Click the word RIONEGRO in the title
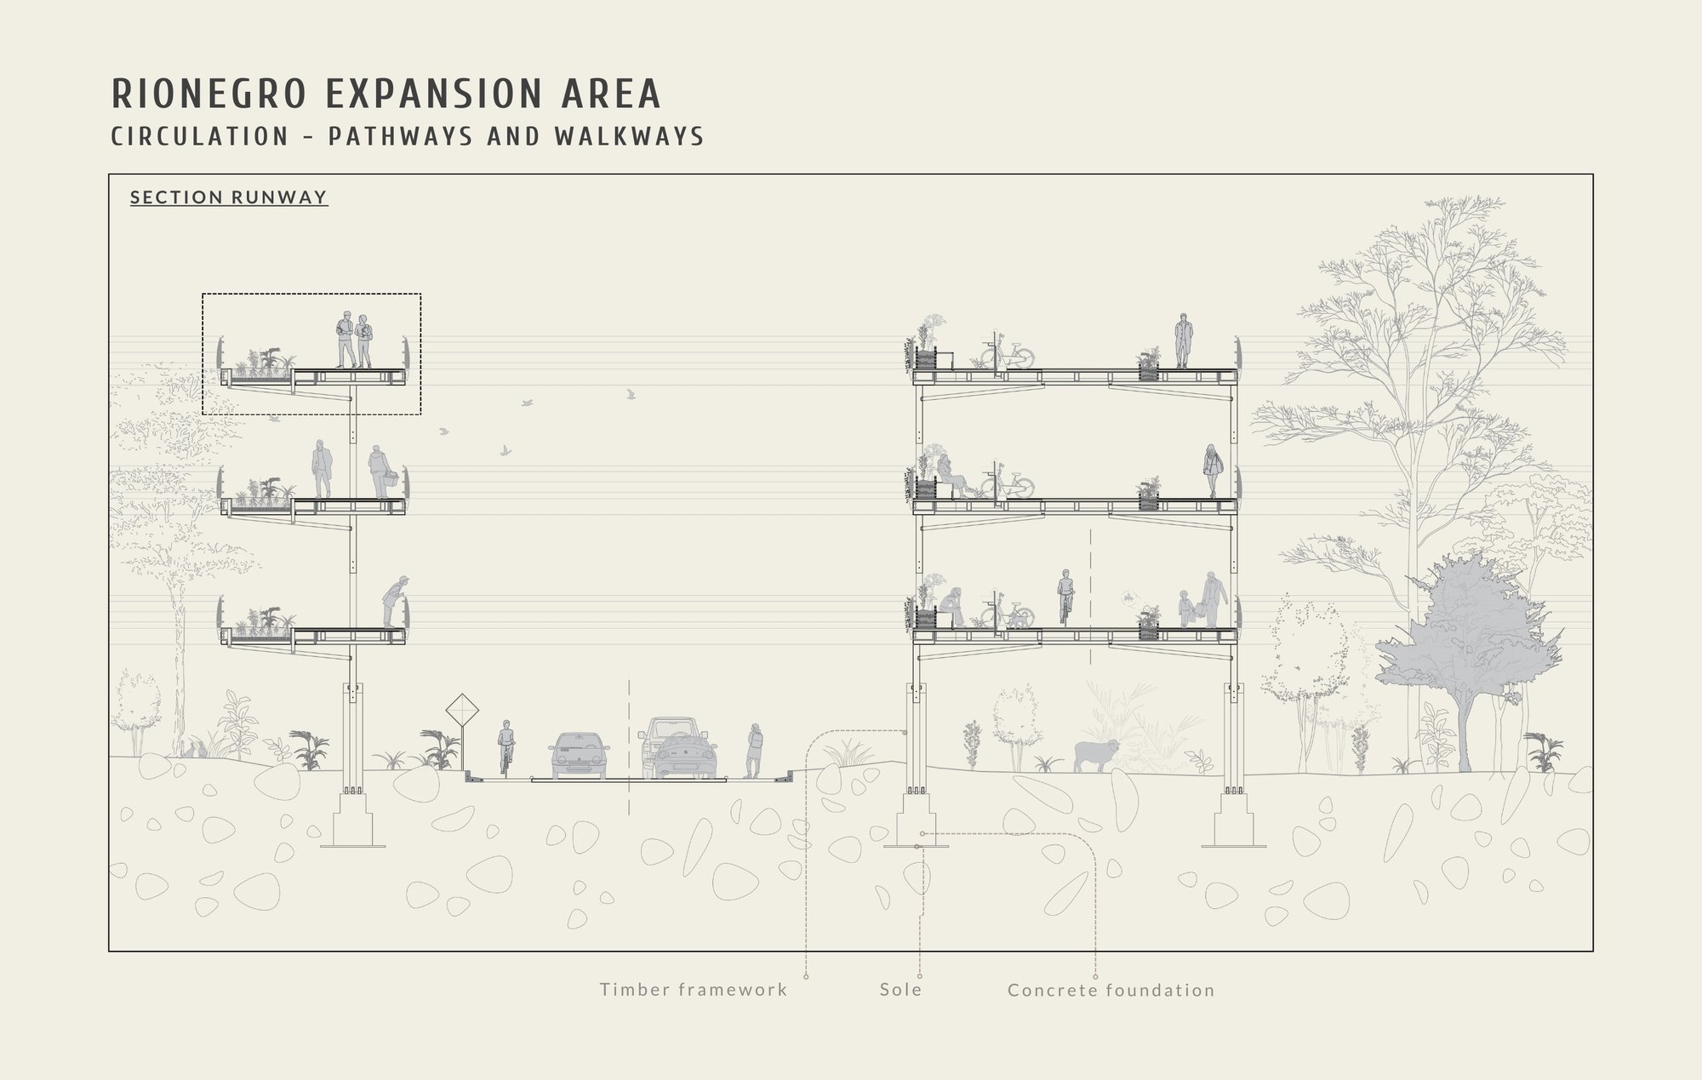(x=208, y=94)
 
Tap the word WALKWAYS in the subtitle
(x=629, y=136)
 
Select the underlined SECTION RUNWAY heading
(x=229, y=197)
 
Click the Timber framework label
(x=694, y=989)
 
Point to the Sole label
(x=901, y=989)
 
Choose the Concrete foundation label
(x=1111, y=990)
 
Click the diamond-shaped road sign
(x=462, y=709)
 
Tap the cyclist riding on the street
(x=505, y=748)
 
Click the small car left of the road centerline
(x=579, y=755)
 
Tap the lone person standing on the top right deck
(x=1181, y=340)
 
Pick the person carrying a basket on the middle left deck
(x=382, y=472)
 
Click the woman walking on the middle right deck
(x=1212, y=471)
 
